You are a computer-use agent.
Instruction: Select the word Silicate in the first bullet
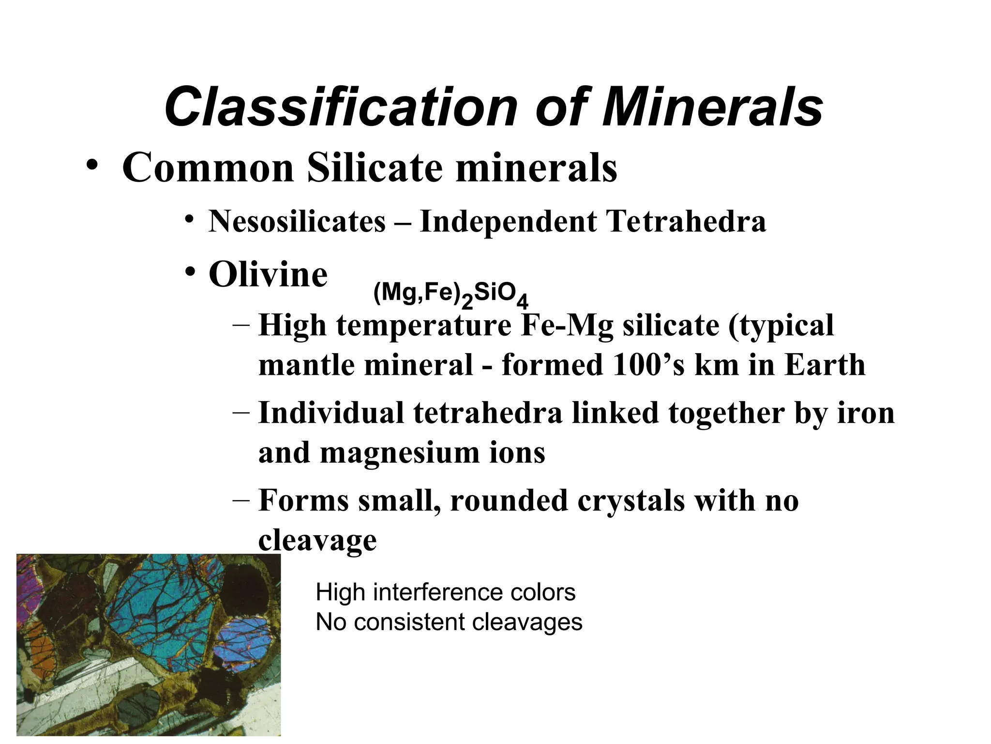click(x=375, y=168)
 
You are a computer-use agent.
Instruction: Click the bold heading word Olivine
click(x=268, y=274)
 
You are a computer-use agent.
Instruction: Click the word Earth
click(x=825, y=365)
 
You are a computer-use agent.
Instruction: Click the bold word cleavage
click(x=317, y=540)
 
